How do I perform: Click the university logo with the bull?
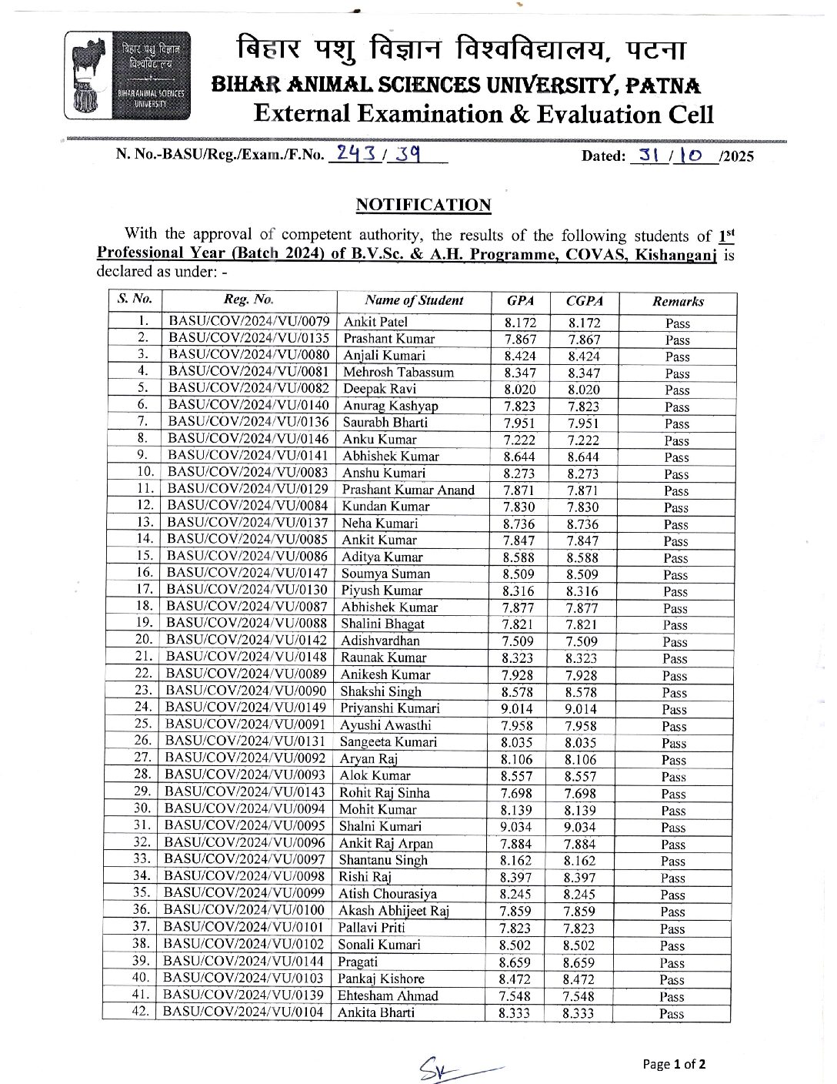click(x=128, y=75)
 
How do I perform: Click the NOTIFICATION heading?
click(x=423, y=205)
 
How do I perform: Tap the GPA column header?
click(x=521, y=301)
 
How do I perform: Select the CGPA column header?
click(x=585, y=301)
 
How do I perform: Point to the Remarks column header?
click(x=678, y=302)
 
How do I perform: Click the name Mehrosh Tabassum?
click(x=398, y=372)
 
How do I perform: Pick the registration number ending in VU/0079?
click(x=249, y=321)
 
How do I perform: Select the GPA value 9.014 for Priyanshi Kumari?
click(x=517, y=708)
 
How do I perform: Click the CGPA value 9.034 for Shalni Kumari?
click(x=580, y=828)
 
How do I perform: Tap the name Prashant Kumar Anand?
click(x=408, y=490)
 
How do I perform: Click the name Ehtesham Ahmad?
click(x=388, y=995)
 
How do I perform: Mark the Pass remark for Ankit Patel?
click(x=678, y=323)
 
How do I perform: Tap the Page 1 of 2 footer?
click(x=674, y=1064)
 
